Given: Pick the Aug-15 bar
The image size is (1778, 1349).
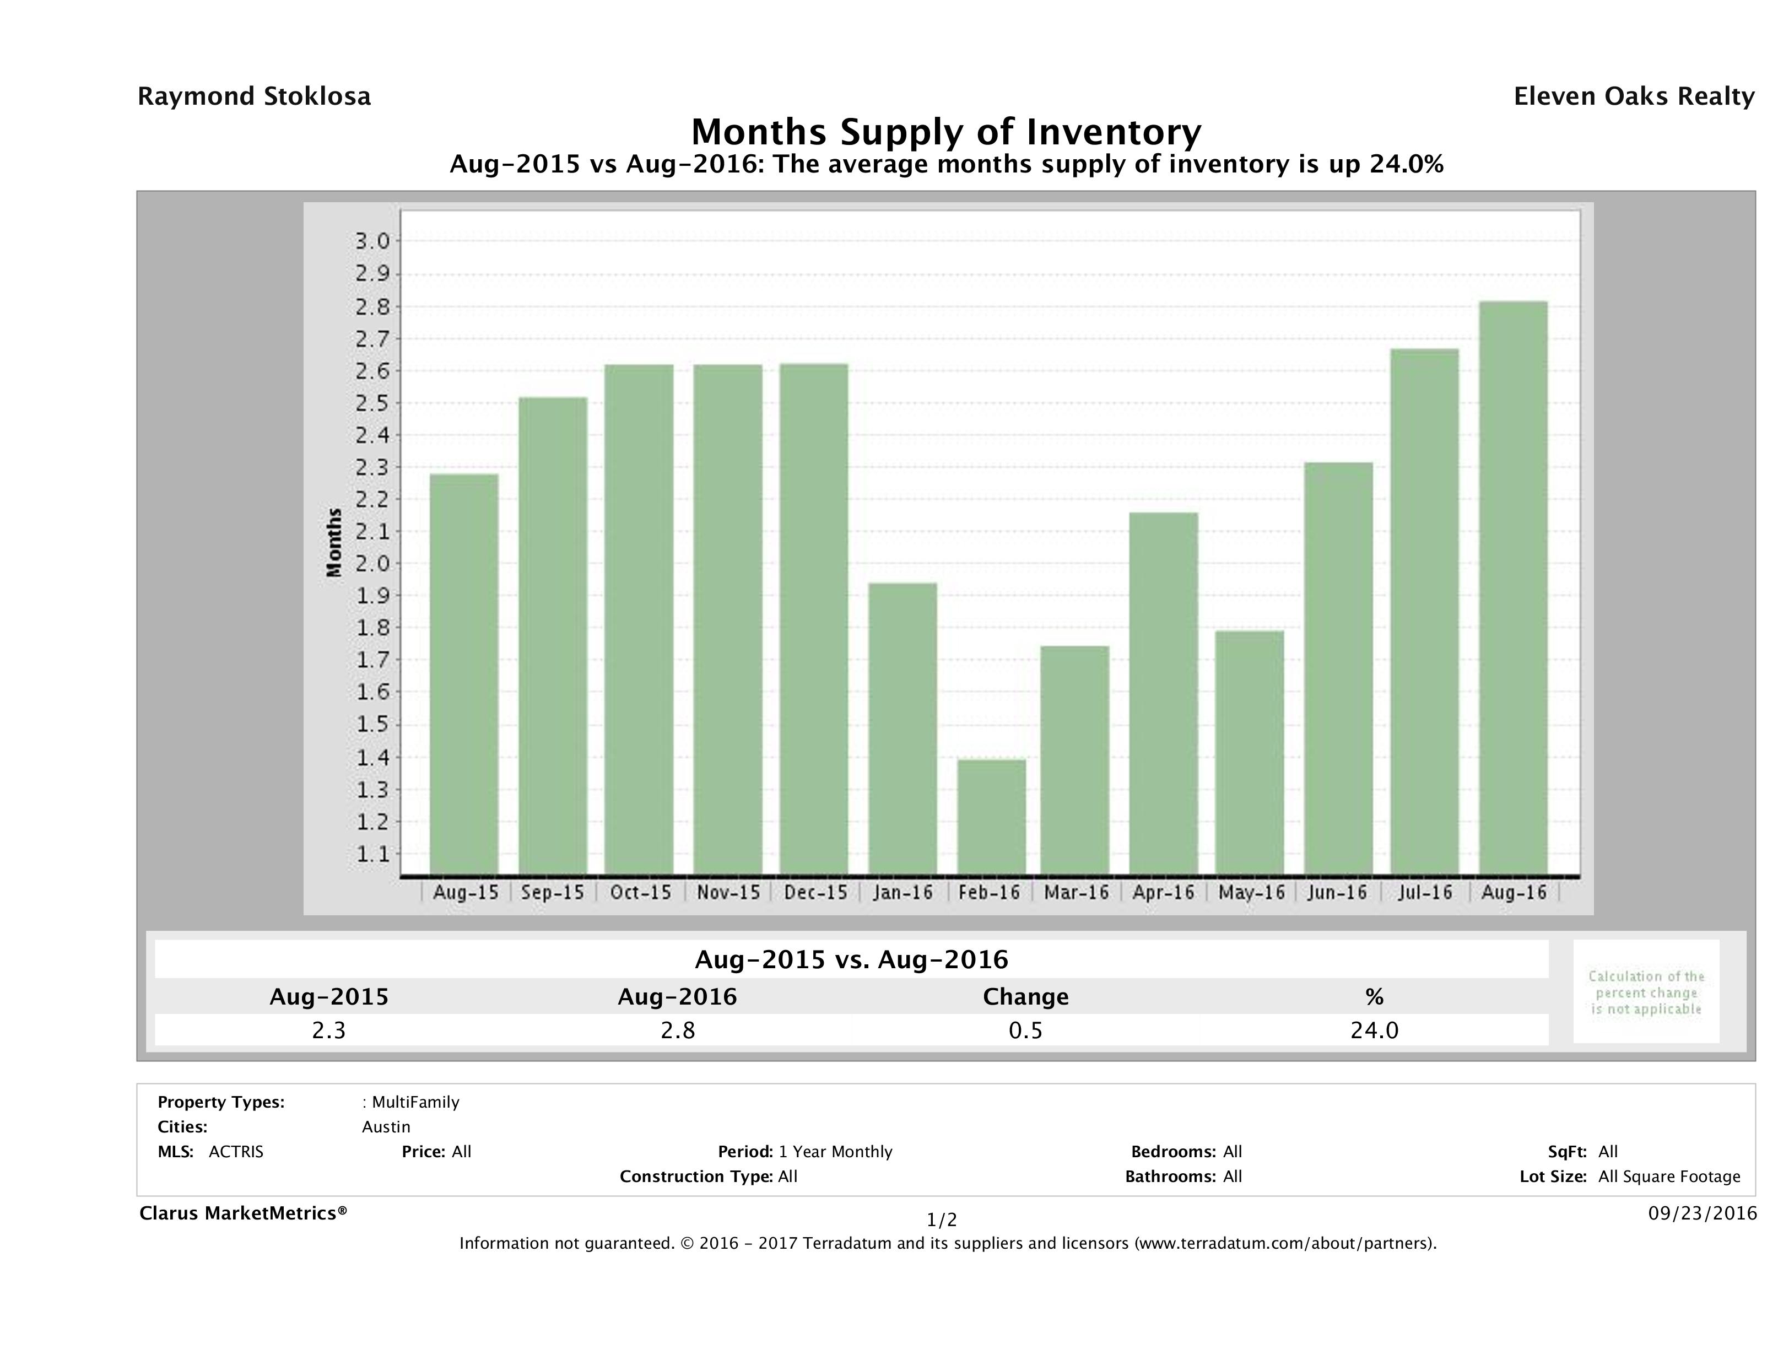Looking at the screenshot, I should [464, 674].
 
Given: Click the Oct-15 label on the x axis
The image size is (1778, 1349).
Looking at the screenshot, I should [640, 892].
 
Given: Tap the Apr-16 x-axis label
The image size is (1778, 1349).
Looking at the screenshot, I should [1163, 892].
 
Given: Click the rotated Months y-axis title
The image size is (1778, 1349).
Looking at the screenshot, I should [334, 543].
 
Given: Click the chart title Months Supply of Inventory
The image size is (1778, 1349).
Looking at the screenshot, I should [946, 132].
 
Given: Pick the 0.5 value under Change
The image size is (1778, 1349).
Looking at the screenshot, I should [1026, 1030].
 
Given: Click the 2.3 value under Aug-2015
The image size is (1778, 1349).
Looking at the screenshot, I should [329, 1030].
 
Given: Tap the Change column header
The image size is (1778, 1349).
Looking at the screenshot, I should [1026, 997].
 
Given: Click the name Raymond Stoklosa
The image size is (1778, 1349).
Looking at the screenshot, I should [254, 96].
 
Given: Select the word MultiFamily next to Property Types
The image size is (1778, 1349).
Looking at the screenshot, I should [415, 1102].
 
